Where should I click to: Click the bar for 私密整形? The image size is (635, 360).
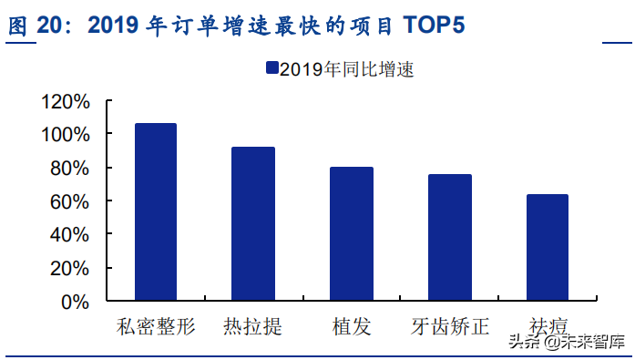155,211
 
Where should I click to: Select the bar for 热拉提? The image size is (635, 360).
252,223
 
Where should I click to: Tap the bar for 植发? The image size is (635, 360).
351,233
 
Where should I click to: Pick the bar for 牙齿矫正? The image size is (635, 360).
450,237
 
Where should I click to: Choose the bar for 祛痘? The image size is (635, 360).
547,247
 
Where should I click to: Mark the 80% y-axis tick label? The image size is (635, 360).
70,169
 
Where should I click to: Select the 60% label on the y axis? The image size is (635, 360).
70,201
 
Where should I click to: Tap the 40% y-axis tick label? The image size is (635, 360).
70,235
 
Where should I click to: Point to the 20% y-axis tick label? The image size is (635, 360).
70,269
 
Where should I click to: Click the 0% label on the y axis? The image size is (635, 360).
76,302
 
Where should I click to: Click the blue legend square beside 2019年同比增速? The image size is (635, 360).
271,68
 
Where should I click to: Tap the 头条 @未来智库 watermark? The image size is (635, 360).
565,342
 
